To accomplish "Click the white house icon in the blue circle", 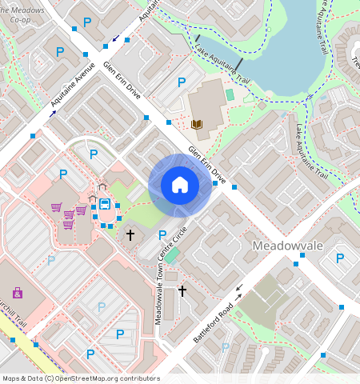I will tap(180, 185).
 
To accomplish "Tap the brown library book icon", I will tap(197, 124).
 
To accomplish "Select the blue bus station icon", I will tap(105, 203).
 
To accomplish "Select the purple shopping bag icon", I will tap(18, 293).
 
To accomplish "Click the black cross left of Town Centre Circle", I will tap(130, 235).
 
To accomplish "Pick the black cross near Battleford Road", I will tap(182, 291).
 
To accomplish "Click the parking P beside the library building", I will tap(182, 82).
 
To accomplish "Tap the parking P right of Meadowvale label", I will tap(340, 258).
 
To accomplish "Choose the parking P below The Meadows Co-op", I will tap(60, 51).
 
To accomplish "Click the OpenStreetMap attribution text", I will tap(81, 378).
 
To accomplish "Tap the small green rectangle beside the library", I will tap(230, 94).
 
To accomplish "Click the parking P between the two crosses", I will tap(162, 234).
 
